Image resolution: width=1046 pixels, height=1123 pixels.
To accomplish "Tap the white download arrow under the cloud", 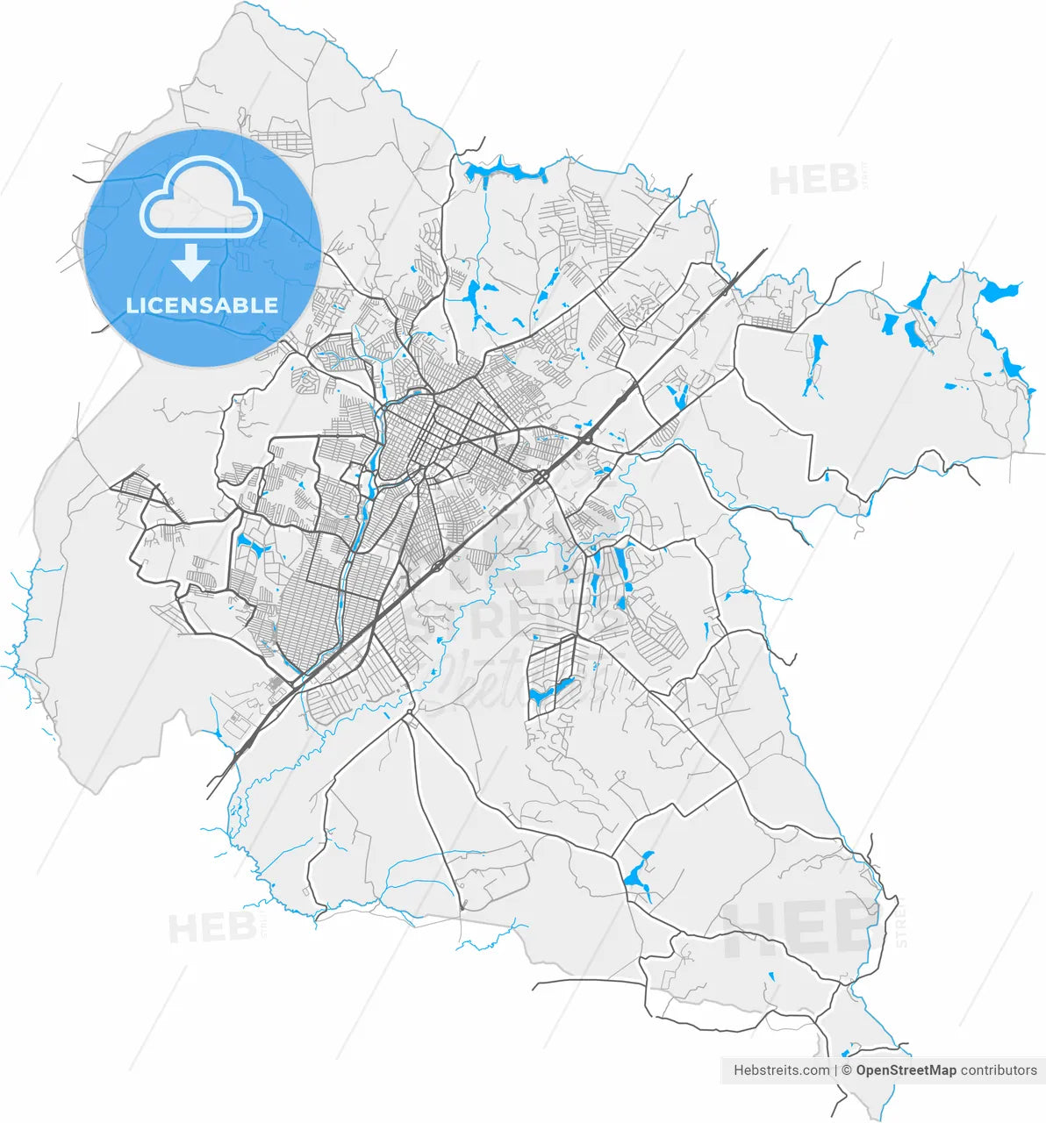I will click(190, 261).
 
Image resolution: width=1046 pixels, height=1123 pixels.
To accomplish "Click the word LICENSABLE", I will click(202, 305).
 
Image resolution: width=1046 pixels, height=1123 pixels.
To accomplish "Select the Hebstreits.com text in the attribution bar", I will click(781, 1070).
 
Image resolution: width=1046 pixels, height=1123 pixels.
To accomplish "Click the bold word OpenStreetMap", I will click(906, 1070).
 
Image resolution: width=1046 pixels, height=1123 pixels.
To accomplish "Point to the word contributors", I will click(999, 1070).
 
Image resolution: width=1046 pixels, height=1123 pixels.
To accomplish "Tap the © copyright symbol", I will click(848, 1070).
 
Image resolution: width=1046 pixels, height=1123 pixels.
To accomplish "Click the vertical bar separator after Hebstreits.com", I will click(836, 1070).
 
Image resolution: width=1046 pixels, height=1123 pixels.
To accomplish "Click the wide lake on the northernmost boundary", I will click(505, 171).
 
